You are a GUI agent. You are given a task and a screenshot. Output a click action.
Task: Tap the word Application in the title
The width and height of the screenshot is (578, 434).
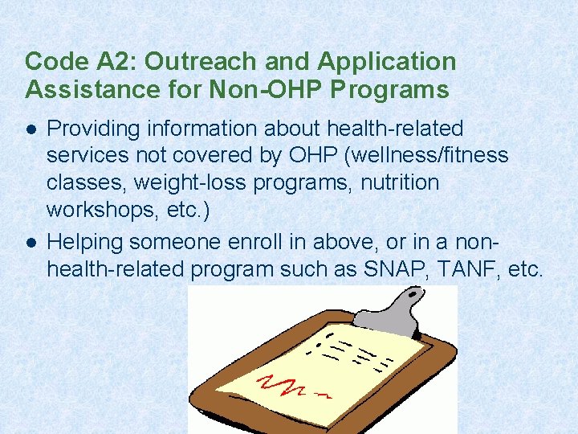click(x=387, y=62)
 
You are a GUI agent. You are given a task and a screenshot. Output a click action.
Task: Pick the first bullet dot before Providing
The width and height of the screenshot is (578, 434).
click(x=31, y=129)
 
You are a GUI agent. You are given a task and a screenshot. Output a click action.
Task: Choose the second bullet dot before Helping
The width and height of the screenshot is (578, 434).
click(x=31, y=240)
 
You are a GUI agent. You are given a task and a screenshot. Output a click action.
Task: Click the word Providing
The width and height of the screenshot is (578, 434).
click(x=88, y=129)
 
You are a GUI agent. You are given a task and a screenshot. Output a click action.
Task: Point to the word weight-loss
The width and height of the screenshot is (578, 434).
click(x=197, y=182)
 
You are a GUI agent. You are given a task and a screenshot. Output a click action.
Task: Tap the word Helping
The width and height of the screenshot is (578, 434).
click(x=85, y=240)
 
